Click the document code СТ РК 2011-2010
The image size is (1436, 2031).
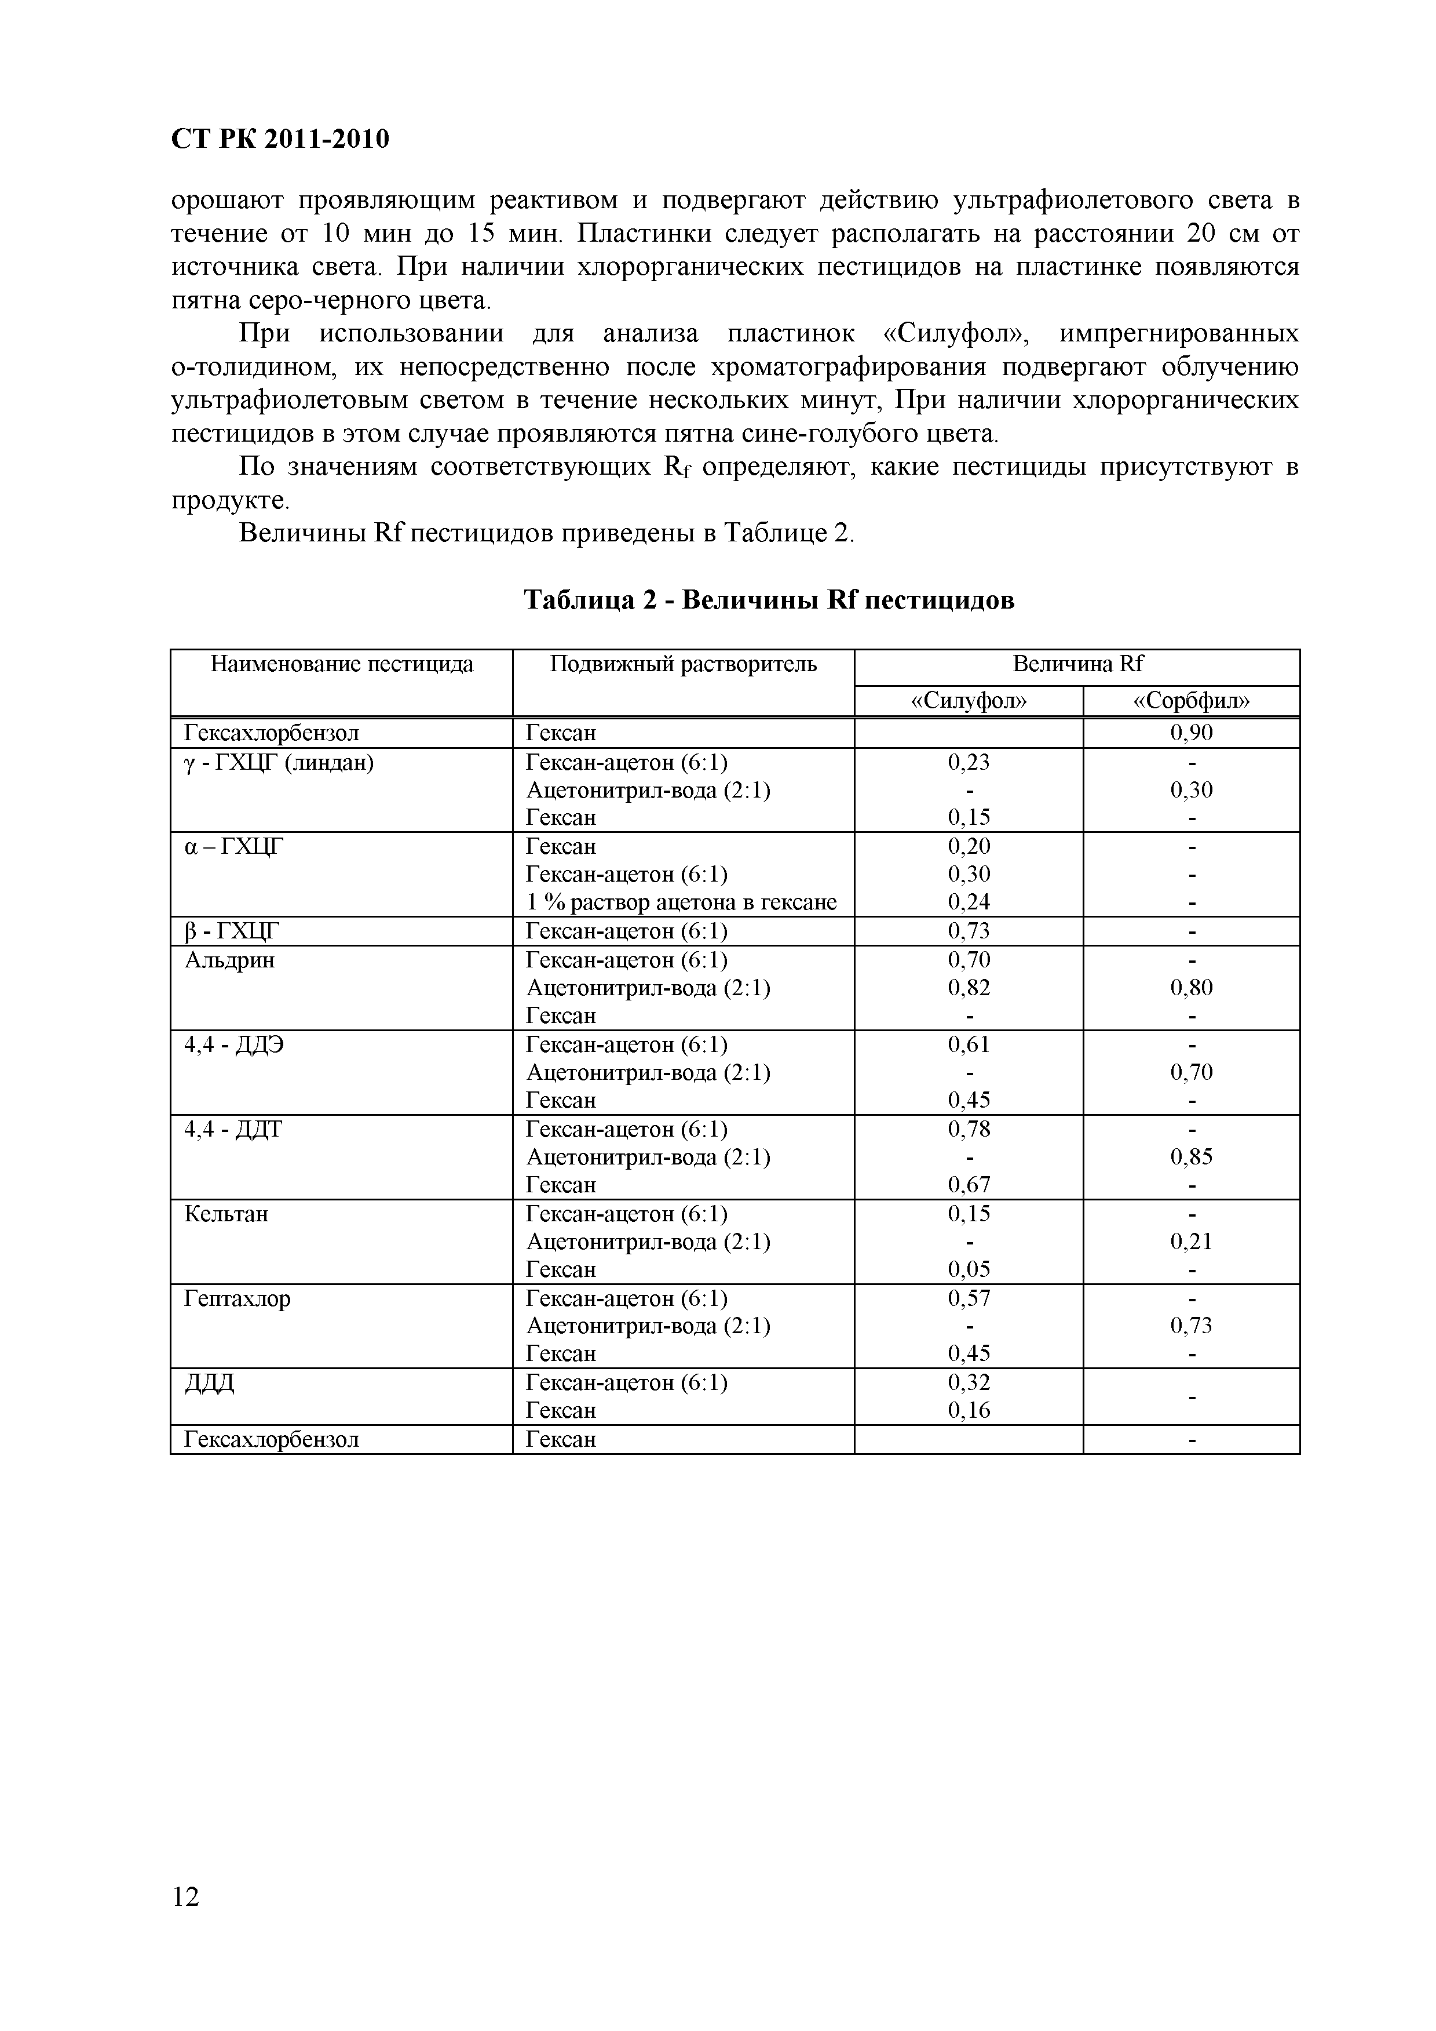[279, 140]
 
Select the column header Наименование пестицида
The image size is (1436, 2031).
[341, 664]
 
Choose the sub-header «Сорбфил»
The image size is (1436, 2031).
[1191, 701]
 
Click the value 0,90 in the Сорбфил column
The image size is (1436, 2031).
[1191, 733]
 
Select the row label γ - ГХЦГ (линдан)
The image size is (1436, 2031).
[279, 763]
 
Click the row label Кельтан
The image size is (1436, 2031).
[226, 1214]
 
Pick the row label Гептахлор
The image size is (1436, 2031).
[237, 1298]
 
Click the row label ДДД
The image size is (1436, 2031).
[210, 1382]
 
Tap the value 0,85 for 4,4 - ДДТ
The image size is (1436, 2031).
[1191, 1157]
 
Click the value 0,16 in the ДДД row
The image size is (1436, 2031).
[969, 1410]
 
